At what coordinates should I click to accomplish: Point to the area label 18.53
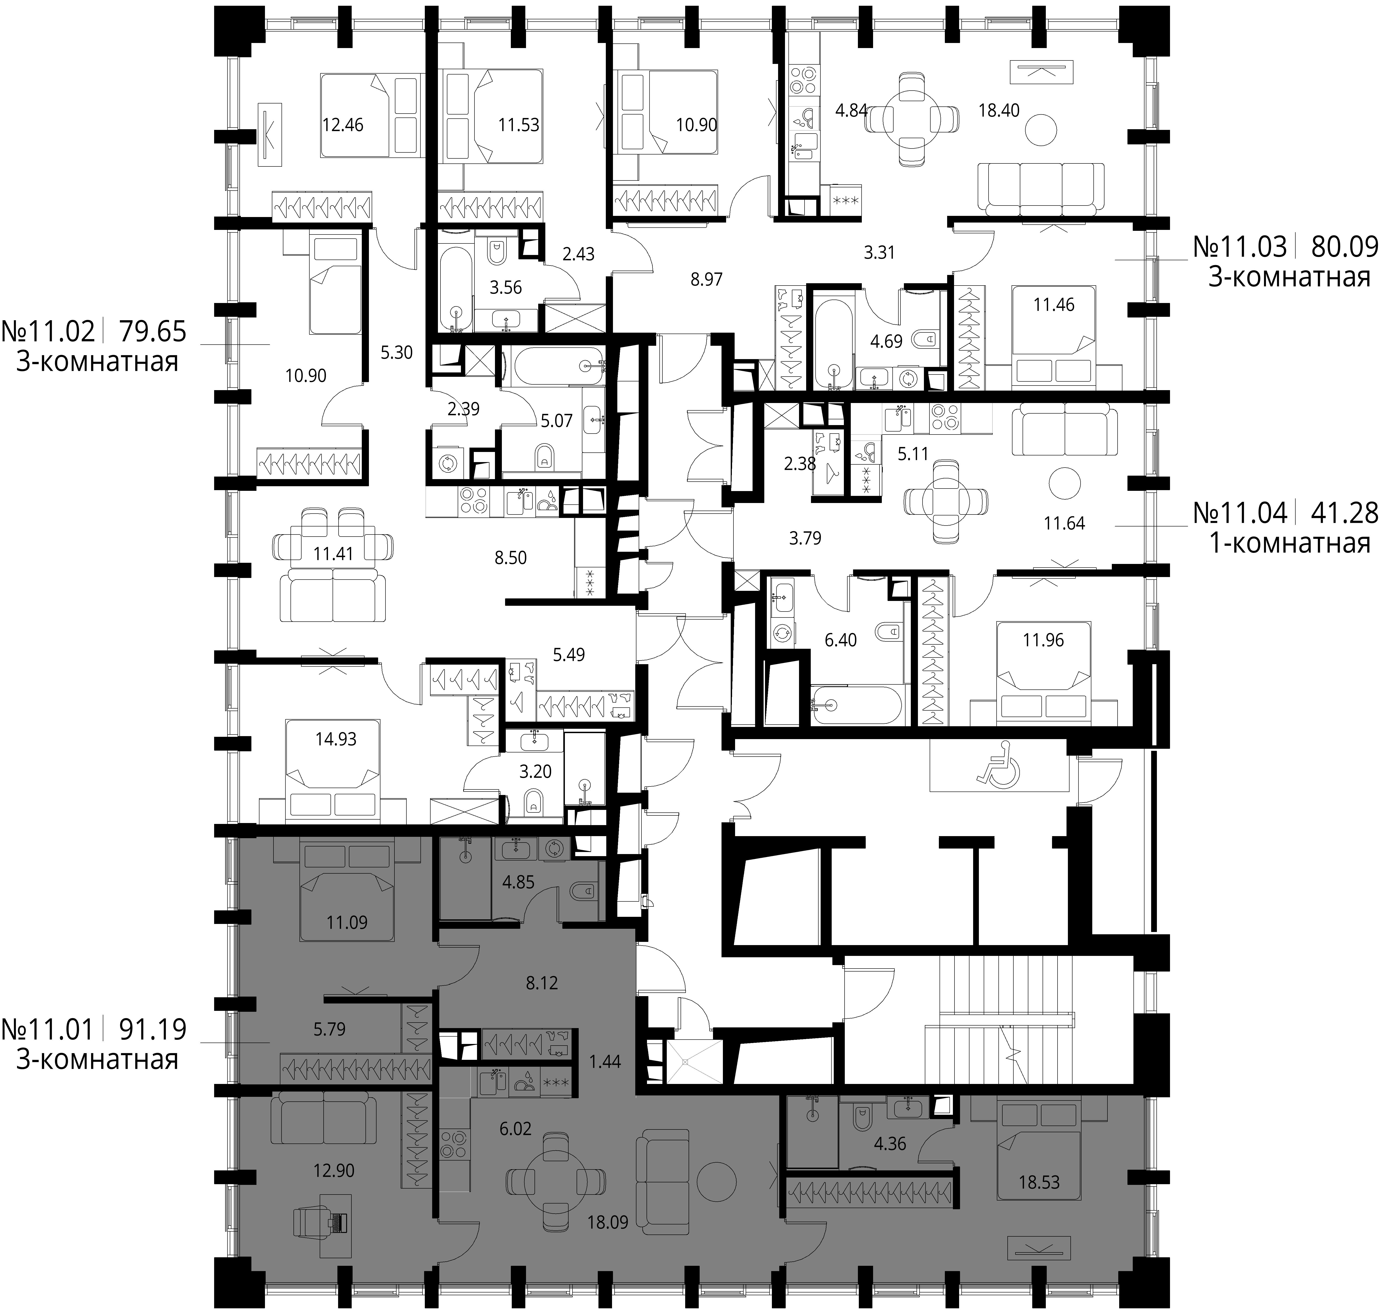coord(1039,1183)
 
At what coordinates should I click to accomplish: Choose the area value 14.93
coord(336,739)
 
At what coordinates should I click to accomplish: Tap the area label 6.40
coord(840,640)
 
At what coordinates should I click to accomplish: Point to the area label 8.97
coord(706,280)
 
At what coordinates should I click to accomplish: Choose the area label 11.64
coord(1064,523)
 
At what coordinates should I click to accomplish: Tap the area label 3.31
coord(879,252)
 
